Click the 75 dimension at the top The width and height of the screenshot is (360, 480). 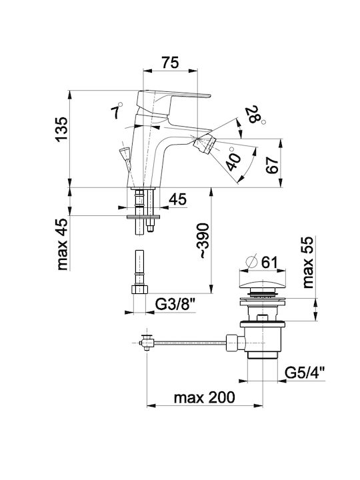[170, 63]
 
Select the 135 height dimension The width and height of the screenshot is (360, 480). [63, 129]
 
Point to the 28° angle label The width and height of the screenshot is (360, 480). [255, 115]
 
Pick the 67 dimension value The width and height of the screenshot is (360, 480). [272, 165]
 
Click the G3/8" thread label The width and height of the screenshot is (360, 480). [175, 305]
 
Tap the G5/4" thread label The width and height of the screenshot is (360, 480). [305, 373]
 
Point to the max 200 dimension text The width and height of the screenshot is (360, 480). [205, 397]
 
